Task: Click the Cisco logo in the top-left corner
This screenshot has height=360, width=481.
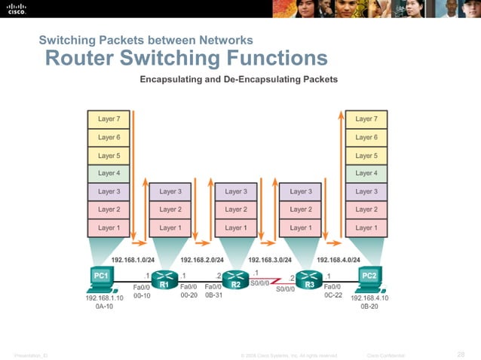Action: click(17, 9)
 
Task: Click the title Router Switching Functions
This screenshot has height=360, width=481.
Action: click(186, 58)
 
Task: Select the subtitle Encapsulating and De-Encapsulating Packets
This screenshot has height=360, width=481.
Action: click(238, 79)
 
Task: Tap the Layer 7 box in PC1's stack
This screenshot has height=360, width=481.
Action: click(109, 119)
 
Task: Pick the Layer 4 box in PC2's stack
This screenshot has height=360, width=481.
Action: click(366, 173)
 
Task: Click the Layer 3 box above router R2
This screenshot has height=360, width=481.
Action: click(235, 191)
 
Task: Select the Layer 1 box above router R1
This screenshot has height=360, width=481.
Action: click(170, 227)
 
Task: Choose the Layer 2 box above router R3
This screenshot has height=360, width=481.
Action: click(301, 209)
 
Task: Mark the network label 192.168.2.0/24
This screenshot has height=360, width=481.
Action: click(201, 260)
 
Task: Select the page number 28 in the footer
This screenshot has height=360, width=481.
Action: click(461, 354)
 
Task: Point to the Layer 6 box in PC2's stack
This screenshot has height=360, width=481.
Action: click(366, 137)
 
